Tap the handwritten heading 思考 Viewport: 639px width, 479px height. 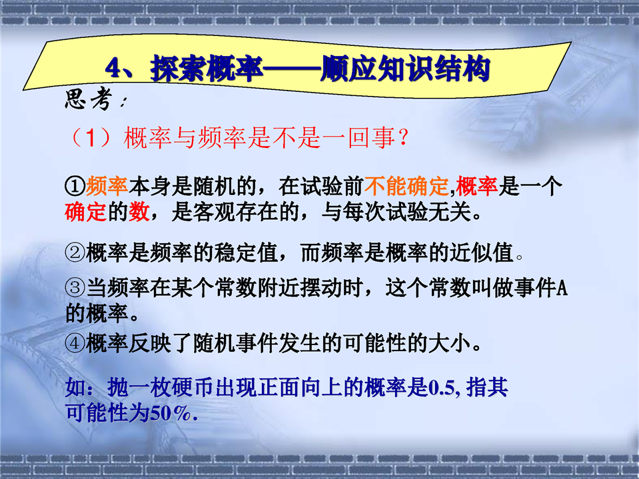[x=88, y=99]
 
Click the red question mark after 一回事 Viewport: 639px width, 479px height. [x=403, y=138]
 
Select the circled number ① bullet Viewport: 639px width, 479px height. [x=75, y=186]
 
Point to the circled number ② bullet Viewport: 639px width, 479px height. [x=75, y=252]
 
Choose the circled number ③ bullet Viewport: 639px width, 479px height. [x=75, y=288]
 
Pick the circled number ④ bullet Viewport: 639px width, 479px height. [x=75, y=343]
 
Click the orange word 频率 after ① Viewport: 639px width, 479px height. [x=107, y=186]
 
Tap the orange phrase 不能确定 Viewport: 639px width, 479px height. [x=406, y=186]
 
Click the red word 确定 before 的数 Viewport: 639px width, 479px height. [x=85, y=212]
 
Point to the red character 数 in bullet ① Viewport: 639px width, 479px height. [x=139, y=212]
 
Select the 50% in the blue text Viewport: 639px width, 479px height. [x=171, y=414]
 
